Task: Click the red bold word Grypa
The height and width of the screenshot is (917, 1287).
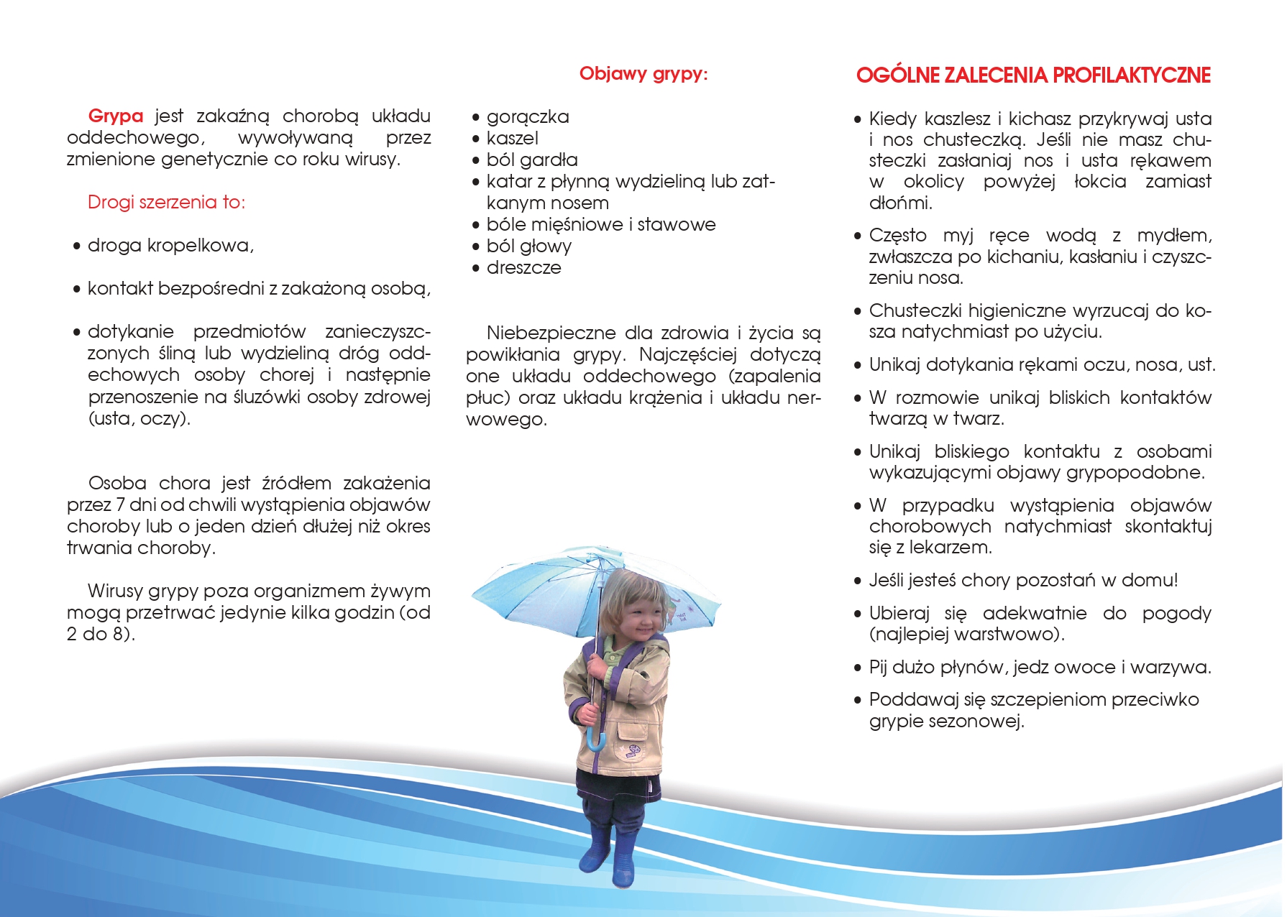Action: [x=115, y=116]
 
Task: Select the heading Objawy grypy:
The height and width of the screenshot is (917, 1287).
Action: [x=643, y=74]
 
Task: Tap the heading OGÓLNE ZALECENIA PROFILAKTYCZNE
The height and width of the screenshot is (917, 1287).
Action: [x=1033, y=75]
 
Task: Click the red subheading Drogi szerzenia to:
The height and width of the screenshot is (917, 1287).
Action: [x=166, y=203]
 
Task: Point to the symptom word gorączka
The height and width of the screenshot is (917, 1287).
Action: [x=528, y=117]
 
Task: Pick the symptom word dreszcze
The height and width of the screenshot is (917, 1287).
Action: [x=523, y=268]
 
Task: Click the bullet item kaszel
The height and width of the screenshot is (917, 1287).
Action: [x=512, y=139]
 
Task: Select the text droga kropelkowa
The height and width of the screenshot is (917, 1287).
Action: [x=170, y=246]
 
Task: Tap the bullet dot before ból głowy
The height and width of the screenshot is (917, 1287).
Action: [x=475, y=246]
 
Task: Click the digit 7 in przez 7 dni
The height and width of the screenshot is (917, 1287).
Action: [x=121, y=505]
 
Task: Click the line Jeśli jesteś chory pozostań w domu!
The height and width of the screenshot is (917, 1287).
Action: [x=1023, y=581]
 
